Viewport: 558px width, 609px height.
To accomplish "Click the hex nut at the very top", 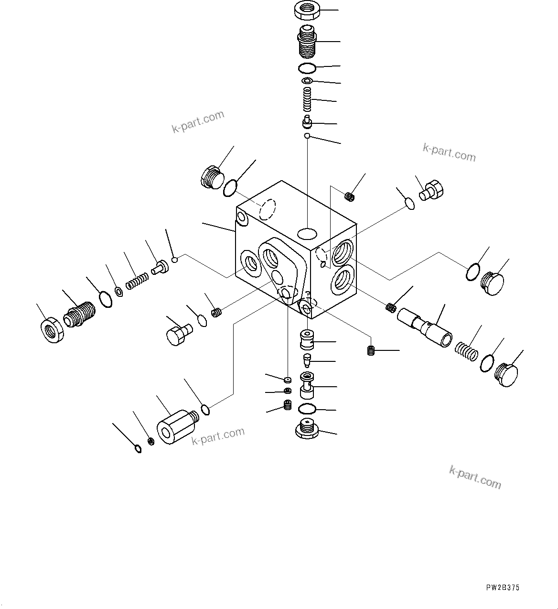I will pos(308,11).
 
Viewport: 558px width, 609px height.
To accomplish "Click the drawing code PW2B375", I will pos(503,588).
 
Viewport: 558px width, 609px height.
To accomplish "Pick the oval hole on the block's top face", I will pos(307,233).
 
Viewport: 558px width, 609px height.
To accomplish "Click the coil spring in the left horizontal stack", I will pos(137,282).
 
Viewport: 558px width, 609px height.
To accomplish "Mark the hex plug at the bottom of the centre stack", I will pos(308,428).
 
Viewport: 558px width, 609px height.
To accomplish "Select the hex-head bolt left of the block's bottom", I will pos(178,333).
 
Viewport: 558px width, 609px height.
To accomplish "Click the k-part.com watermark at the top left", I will pos(198,121).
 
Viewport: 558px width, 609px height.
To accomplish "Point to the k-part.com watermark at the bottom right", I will pos(475,477).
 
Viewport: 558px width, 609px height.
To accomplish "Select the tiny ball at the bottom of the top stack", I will pos(308,137).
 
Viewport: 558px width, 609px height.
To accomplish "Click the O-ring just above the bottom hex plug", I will pos(308,409).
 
